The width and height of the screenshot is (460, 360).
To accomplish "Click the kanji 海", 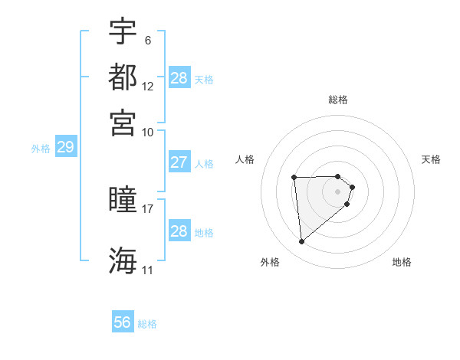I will [x=123, y=260].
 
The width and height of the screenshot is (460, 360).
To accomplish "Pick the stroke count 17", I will [x=148, y=208].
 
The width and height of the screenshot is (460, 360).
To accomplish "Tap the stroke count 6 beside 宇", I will [x=147, y=40].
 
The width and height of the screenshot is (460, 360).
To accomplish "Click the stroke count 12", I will [x=148, y=86].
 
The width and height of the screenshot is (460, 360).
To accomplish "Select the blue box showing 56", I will [x=123, y=322].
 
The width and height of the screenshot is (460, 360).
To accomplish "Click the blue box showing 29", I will [x=65, y=147].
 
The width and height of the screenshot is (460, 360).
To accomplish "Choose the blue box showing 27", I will [x=179, y=162].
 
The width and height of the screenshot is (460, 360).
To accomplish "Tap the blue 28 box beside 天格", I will [x=179, y=78].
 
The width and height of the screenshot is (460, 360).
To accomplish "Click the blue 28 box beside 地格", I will [x=179, y=231].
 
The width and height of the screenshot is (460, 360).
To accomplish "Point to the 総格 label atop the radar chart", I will [x=338, y=100].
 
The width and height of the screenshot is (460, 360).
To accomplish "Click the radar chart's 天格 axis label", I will [x=431, y=159].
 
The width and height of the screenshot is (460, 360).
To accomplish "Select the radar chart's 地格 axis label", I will [x=402, y=262].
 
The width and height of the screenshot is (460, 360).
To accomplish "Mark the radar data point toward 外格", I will [x=302, y=242].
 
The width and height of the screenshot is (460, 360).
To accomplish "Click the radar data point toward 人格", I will [x=294, y=178].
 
